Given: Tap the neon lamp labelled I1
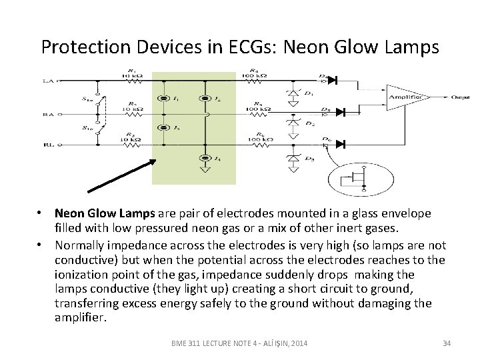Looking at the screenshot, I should point(162,99).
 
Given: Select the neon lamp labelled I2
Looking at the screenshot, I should point(206,99).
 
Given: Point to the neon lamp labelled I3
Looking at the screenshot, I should point(162,127).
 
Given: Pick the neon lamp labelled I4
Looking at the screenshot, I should point(206,157).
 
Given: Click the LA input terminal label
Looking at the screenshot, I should point(48,81).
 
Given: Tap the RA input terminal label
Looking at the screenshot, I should point(48,114).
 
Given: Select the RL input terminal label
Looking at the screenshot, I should point(48,143).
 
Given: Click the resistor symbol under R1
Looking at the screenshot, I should point(127,81).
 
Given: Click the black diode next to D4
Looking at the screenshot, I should point(331,80).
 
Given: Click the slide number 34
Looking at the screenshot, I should point(447,343).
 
